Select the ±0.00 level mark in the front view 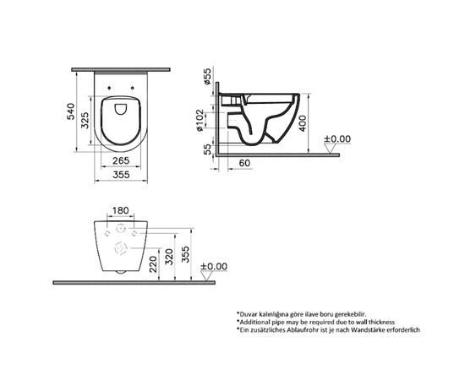point(215,267)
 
